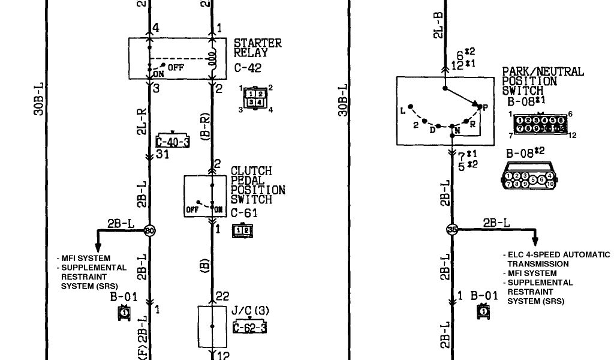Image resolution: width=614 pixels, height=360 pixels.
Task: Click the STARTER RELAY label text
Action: coord(257,48)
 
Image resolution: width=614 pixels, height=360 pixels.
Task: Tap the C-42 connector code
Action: coord(247,68)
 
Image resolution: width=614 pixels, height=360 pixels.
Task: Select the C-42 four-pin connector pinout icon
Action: coord(256,98)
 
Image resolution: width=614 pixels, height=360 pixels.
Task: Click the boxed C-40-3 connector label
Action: coord(173,142)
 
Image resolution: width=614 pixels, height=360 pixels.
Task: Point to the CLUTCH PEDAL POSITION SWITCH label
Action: coord(258,185)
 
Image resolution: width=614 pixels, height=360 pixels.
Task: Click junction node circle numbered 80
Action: coord(149,229)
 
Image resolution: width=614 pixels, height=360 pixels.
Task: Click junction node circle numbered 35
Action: coord(452,229)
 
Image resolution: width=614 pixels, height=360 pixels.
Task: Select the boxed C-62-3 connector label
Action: coord(250,327)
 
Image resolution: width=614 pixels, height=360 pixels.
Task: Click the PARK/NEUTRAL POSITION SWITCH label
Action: coord(542,80)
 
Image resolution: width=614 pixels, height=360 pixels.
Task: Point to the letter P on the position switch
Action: coord(484,107)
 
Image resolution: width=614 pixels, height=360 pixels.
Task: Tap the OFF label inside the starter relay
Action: coord(176,67)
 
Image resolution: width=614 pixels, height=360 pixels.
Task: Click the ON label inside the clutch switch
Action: coord(218,209)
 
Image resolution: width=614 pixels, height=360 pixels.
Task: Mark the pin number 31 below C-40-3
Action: coord(162,155)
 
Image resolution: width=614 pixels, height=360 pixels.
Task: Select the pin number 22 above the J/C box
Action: coord(222,296)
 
